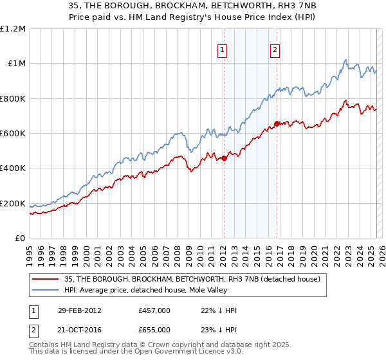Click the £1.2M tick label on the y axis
(13, 28)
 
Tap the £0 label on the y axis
(21, 239)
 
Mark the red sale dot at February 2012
(224, 158)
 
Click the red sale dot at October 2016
(277, 123)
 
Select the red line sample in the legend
(46, 278)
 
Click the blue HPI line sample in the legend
(46, 290)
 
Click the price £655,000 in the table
(154, 329)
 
